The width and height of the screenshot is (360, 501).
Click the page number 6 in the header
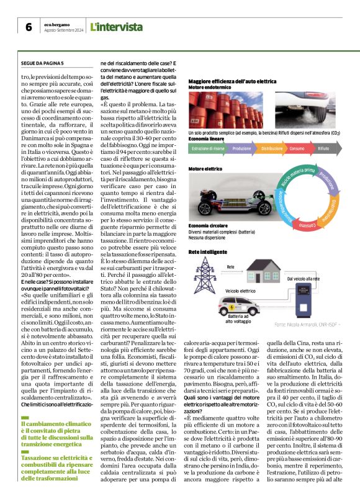(29, 27)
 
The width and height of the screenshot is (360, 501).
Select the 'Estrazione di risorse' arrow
(208, 149)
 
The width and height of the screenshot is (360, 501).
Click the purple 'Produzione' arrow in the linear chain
(241, 149)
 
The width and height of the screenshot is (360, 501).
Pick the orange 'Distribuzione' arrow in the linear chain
(271, 149)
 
